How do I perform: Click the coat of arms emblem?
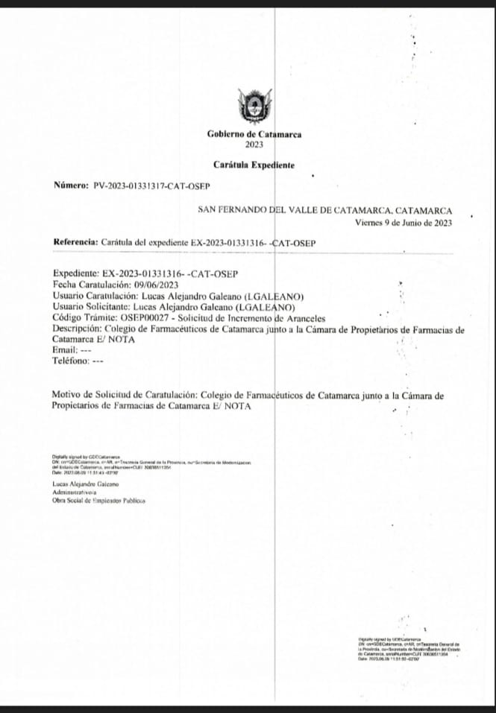[x=254, y=106]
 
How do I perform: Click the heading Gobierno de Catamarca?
[x=254, y=135]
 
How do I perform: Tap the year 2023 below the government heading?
[x=254, y=145]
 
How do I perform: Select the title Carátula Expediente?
[x=254, y=164]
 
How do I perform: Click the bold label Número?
[x=72, y=185]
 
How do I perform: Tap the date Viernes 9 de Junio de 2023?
[x=404, y=222]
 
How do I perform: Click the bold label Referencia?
[x=75, y=242]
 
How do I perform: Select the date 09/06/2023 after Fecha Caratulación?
[x=156, y=284]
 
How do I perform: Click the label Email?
[x=64, y=349]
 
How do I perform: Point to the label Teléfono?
[x=70, y=361]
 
